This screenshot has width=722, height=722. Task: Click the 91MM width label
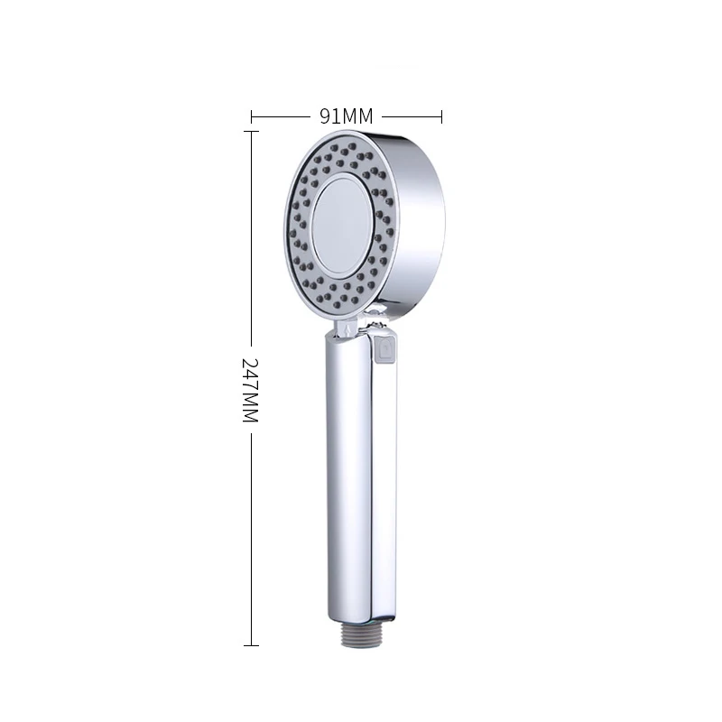[x=347, y=116]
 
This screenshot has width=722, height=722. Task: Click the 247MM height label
[x=251, y=390]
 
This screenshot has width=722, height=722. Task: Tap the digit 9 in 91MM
[x=326, y=116]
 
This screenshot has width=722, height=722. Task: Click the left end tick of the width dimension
[x=252, y=117]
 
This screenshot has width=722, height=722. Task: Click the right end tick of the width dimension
[x=441, y=117]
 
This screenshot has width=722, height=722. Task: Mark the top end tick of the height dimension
[x=251, y=131]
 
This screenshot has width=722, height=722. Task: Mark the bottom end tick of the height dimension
[x=251, y=645]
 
